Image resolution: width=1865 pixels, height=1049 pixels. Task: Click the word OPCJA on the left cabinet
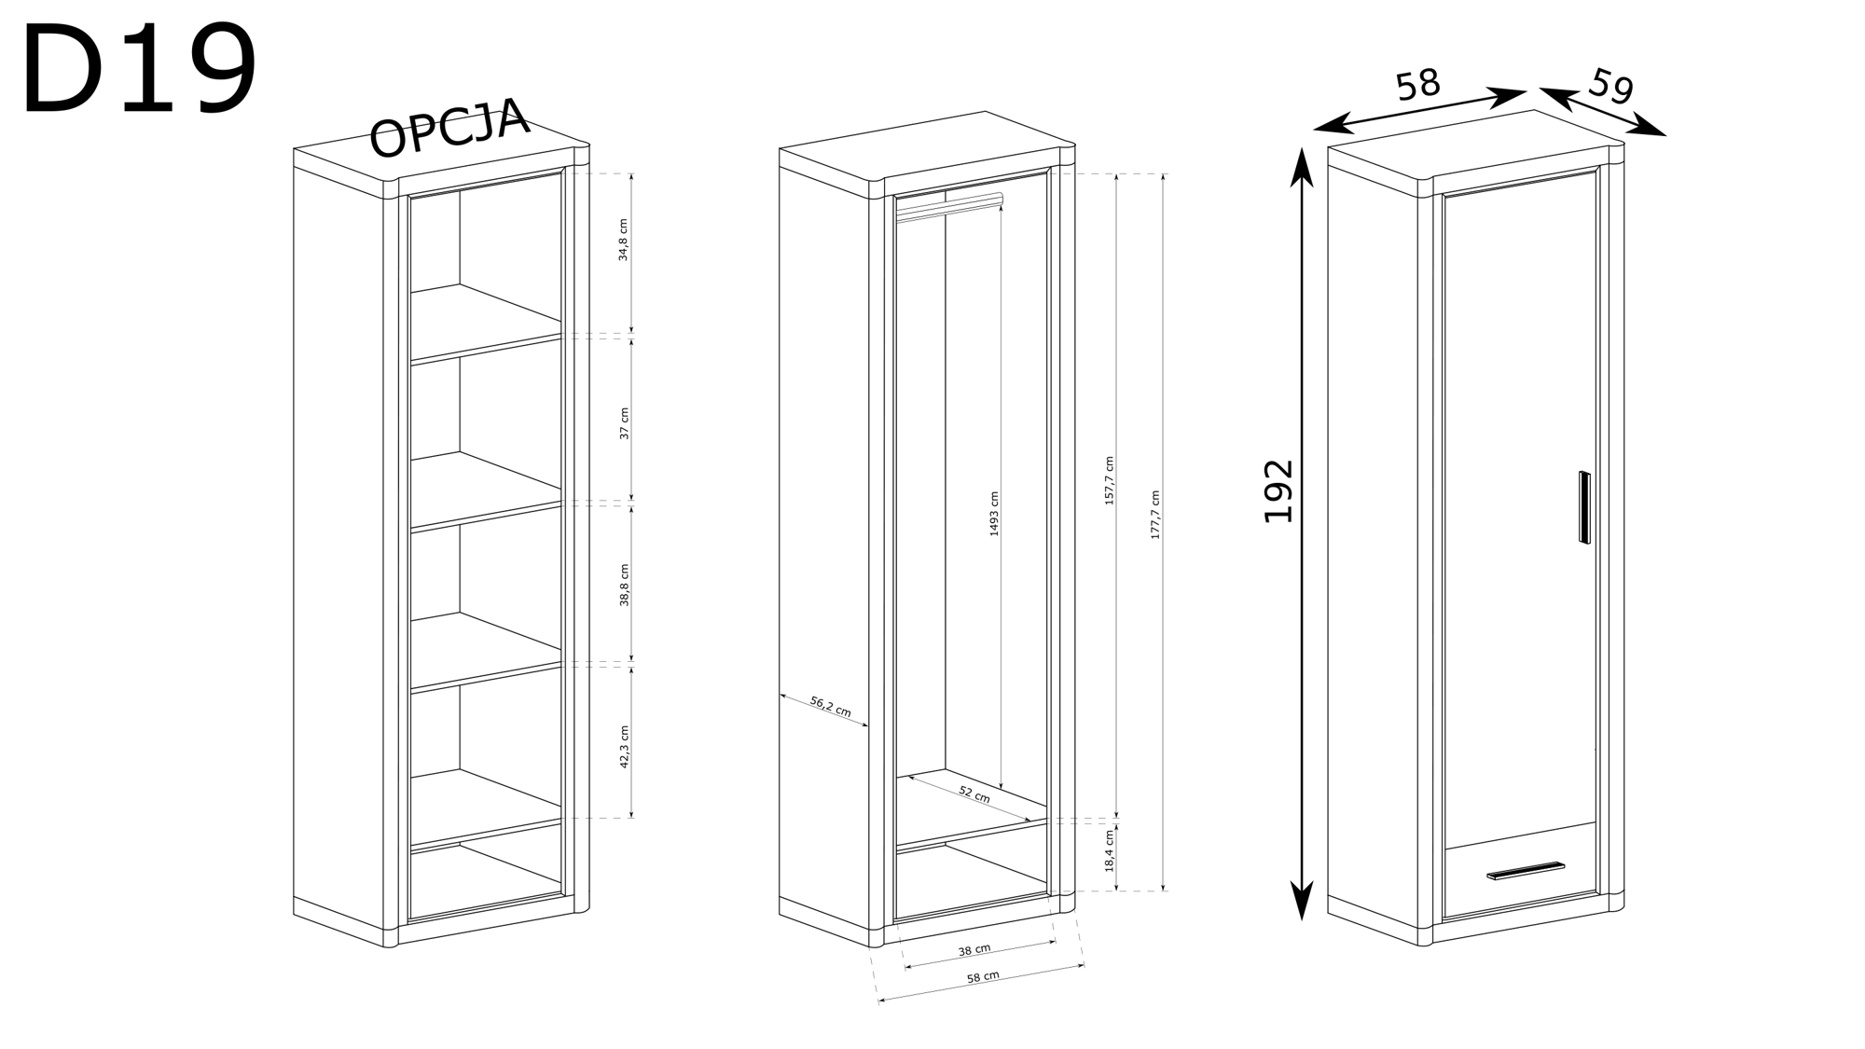click(x=449, y=128)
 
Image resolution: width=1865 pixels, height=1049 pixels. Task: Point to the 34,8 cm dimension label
click(x=624, y=240)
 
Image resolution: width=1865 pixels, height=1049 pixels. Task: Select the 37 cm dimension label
click(x=624, y=423)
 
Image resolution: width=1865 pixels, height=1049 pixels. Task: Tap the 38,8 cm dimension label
click(x=624, y=585)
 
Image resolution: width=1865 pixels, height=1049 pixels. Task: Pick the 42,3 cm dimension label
click(x=624, y=747)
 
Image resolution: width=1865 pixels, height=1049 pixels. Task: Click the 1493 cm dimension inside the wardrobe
click(x=994, y=514)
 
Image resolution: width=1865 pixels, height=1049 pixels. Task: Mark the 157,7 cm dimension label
click(x=1110, y=481)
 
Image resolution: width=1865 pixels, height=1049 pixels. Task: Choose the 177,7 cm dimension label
click(x=1155, y=515)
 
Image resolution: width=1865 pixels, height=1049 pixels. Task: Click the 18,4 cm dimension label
click(x=1110, y=850)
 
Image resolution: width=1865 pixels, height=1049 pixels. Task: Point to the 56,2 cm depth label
click(x=830, y=706)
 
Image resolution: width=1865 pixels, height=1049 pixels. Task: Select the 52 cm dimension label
click(x=974, y=794)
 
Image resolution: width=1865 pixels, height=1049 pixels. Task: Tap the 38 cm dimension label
click(x=974, y=950)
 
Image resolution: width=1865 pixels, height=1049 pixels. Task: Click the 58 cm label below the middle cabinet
click(x=983, y=976)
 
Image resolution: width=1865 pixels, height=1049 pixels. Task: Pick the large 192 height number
click(x=1278, y=491)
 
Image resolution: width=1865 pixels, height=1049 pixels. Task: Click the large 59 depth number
click(x=1611, y=87)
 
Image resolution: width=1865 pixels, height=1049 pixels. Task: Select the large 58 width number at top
click(x=1418, y=85)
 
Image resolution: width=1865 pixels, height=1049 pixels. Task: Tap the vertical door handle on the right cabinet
click(x=1584, y=507)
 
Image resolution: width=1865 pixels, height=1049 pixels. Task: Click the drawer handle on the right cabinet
click(x=1526, y=871)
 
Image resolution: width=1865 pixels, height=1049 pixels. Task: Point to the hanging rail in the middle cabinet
click(x=948, y=207)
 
